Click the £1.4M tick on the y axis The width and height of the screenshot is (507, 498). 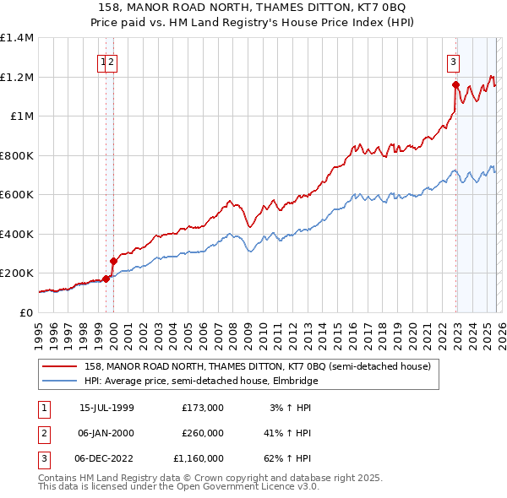click(x=17, y=38)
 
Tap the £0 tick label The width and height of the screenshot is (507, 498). click(x=26, y=312)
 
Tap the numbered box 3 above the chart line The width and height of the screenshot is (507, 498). click(x=454, y=61)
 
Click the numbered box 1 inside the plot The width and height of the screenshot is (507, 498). click(x=103, y=61)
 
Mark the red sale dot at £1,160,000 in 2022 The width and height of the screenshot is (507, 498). click(x=455, y=84)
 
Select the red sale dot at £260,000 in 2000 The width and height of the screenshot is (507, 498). click(x=113, y=261)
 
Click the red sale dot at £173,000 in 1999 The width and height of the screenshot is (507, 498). click(x=106, y=278)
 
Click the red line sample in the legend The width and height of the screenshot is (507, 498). click(x=60, y=366)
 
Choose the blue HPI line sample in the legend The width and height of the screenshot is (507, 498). click(x=60, y=381)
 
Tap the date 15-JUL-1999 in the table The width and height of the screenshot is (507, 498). click(x=106, y=408)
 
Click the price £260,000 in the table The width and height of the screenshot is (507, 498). click(x=202, y=433)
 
